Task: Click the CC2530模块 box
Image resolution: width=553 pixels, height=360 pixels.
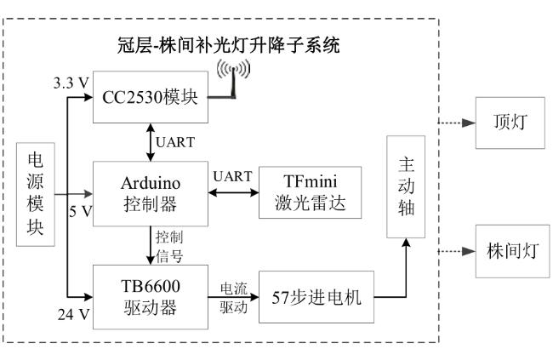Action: tap(151, 97)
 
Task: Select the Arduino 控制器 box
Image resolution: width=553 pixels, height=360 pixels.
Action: tap(151, 193)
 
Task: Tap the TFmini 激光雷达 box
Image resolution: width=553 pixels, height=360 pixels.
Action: tap(310, 192)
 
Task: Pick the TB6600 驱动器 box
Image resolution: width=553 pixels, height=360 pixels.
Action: tap(151, 297)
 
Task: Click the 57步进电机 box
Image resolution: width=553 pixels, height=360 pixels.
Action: tap(316, 297)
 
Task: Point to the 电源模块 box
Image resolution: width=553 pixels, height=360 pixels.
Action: tap(36, 195)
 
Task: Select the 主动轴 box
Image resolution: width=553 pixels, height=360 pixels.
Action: tap(406, 186)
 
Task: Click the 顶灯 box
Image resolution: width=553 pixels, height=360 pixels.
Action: tap(510, 123)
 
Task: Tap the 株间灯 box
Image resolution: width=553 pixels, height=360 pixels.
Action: tap(512, 251)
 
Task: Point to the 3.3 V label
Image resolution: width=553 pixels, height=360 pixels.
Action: tap(71, 83)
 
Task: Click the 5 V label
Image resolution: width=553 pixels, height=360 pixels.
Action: tap(81, 211)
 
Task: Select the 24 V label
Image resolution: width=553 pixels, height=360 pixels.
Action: tap(74, 314)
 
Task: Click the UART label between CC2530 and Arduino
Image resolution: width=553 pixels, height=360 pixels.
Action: tap(175, 142)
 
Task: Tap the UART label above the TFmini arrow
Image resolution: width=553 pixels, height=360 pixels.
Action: tap(232, 176)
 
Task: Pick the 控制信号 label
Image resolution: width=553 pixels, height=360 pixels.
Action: tap(169, 246)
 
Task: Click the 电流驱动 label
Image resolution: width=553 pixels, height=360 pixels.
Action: tap(233, 298)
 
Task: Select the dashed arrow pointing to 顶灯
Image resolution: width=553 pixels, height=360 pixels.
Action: tap(457, 123)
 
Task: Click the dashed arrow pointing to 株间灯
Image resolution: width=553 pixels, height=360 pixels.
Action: tap(457, 251)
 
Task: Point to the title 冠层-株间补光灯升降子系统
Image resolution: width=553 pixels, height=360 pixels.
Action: tap(229, 45)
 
